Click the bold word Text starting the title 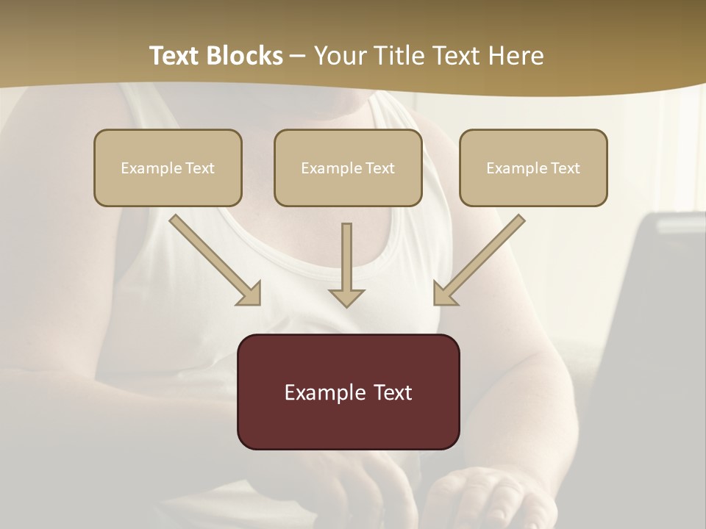click(x=176, y=56)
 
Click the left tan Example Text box click(x=168, y=168)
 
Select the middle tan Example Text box click(x=348, y=168)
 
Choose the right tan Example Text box click(x=533, y=168)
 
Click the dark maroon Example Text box click(x=348, y=392)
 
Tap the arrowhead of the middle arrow click(x=346, y=298)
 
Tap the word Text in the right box click(x=565, y=168)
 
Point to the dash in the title click(x=298, y=56)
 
